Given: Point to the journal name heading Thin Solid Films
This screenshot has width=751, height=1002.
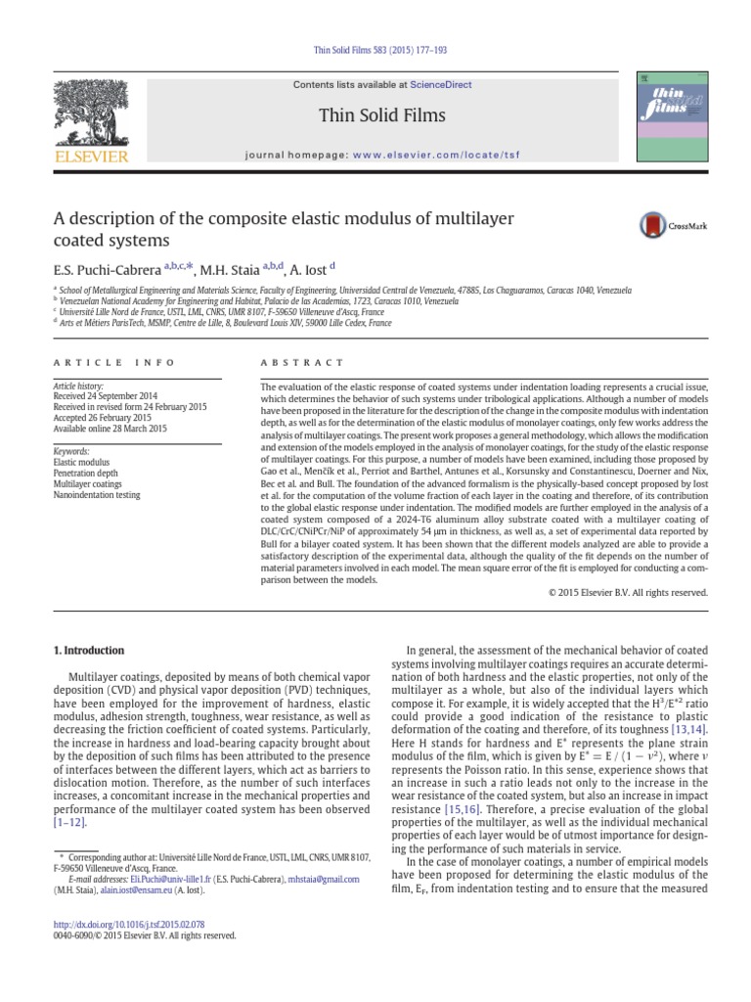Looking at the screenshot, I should pos(381,116).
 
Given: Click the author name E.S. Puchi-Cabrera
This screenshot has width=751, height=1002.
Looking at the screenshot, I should pos(108,266).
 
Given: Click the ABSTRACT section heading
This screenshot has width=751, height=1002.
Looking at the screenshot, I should pos(290,362).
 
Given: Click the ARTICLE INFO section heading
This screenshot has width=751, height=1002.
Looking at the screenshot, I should pos(114,362).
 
